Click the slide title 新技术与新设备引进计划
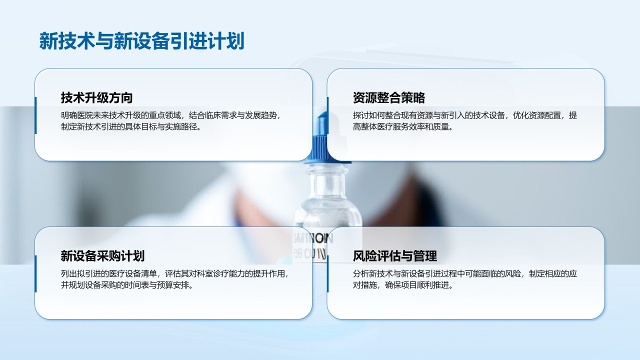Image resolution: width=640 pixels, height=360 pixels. (x=141, y=41)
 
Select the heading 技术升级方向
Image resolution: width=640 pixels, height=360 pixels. (x=96, y=97)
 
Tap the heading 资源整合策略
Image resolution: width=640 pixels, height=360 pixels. (x=389, y=97)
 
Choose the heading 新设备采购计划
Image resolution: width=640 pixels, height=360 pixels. (x=102, y=256)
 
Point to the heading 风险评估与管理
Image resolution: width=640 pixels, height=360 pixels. (x=395, y=256)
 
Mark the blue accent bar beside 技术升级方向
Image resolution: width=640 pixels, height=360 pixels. (x=35, y=115)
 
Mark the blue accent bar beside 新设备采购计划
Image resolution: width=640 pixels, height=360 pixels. (x=35, y=273)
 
